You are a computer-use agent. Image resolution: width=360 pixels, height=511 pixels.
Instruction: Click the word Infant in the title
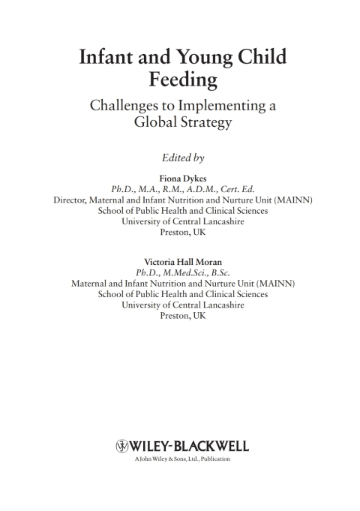tap(109, 57)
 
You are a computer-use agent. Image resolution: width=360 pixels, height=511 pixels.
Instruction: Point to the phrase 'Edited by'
tap(183, 158)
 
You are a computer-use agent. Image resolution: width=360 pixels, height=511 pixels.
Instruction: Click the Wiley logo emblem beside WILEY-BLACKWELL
tap(123, 446)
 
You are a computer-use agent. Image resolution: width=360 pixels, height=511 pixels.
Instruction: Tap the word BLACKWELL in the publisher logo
tap(211, 446)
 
